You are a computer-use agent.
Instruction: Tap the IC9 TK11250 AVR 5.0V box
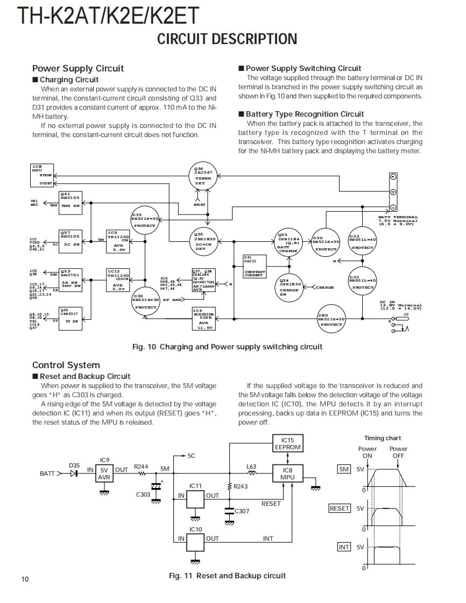119,241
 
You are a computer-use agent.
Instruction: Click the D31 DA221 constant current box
255,267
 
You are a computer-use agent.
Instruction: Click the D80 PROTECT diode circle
331,320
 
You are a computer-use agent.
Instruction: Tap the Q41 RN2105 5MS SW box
70,201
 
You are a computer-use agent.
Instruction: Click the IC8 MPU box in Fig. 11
287,473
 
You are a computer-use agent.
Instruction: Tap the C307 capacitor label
242,511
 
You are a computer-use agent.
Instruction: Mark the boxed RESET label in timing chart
339,508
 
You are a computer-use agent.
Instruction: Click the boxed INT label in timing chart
343,547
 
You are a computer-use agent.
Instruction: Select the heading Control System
66,365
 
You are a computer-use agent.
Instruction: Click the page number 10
25,579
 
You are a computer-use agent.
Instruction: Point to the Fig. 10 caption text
227,347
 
